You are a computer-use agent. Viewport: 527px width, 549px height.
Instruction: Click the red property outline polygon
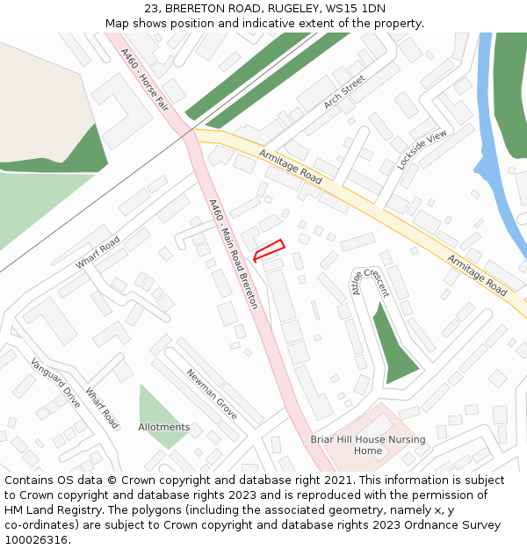(269, 250)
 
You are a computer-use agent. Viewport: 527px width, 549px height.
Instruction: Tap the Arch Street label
(343, 92)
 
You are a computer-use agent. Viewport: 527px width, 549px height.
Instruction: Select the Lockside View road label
(422, 148)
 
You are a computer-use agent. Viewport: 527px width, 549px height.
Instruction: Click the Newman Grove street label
(212, 394)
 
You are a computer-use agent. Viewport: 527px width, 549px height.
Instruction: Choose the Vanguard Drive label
(55, 382)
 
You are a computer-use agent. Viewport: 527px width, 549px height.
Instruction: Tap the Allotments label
(163, 428)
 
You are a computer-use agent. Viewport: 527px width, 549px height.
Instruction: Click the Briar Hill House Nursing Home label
(368, 444)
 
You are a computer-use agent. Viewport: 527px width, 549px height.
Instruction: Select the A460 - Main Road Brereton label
(234, 254)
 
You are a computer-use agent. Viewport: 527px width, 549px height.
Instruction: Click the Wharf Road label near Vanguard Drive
(102, 408)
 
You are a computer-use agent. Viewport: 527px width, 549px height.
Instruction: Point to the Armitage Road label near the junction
(291, 166)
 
